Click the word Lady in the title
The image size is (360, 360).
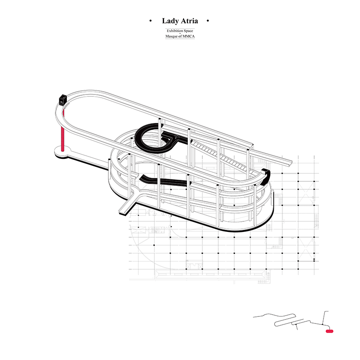170,21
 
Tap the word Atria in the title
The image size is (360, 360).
189,21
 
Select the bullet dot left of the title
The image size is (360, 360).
151,21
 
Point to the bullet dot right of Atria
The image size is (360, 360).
208,21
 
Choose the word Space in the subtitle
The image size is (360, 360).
188,31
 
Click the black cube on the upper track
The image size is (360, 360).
62,99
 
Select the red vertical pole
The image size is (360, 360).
62,130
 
